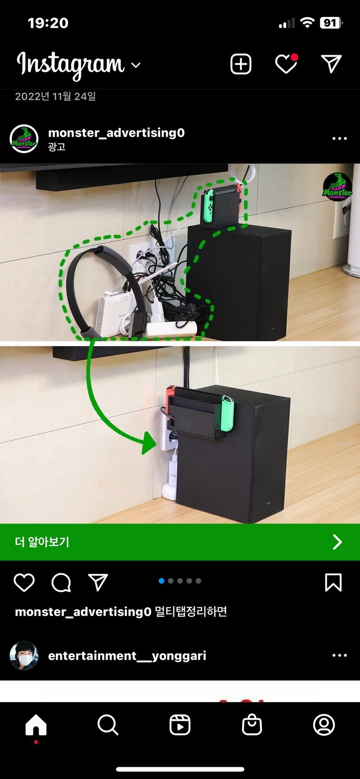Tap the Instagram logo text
(71, 65)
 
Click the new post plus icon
(241, 64)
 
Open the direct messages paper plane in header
(331, 64)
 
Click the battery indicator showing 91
(331, 23)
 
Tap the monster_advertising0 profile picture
(24, 139)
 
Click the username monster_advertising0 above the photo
(116, 133)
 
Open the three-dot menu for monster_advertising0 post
(340, 138)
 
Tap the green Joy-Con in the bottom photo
(227, 413)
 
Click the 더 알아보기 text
(42, 542)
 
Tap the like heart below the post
(24, 582)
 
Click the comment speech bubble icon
(61, 583)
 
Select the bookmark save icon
(333, 582)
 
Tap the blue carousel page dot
(161, 581)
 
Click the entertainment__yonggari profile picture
(24, 655)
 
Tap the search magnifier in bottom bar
(108, 725)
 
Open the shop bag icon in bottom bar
(252, 724)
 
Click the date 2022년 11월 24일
(56, 96)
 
